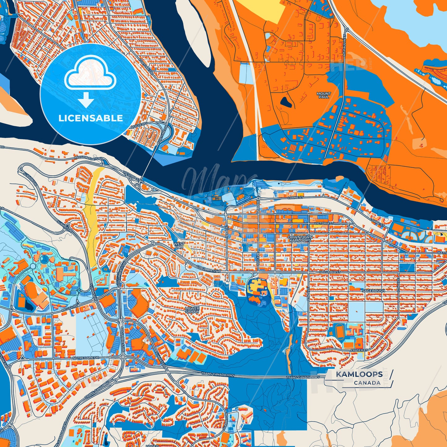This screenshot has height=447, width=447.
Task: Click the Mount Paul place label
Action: [x=324, y=95]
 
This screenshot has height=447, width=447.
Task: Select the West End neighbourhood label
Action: [x=179, y=245]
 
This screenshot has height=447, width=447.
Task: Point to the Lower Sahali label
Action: [x=192, y=310]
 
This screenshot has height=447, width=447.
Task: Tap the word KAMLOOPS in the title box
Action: [x=359, y=374]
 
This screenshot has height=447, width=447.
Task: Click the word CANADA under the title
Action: [x=367, y=383]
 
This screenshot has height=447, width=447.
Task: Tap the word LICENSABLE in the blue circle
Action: [x=91, y=118]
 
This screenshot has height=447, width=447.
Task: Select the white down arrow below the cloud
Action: [x=86, y=100]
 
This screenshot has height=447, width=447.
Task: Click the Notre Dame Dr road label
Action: [x=86, y=358]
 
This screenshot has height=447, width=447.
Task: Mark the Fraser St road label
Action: [x=359, y=350]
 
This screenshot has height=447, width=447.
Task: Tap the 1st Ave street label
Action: [x=226, y=230]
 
